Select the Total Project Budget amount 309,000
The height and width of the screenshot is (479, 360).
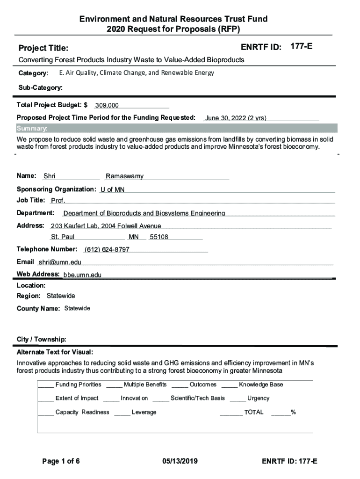coord(107,105)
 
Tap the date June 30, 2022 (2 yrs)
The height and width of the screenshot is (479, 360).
coord(236,118)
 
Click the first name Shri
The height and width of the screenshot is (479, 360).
coord(50,176)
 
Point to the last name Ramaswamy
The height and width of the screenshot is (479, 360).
coord(124,176)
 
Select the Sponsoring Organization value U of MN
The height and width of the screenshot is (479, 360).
coord(113,189)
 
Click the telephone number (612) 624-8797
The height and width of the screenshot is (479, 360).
coord(107,249)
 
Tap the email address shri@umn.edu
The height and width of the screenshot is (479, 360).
coord(60,262)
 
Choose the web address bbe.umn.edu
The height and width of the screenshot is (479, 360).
coord(82,275)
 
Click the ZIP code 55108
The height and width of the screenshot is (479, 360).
coord(159,237)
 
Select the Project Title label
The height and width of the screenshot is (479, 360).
coord(43,48)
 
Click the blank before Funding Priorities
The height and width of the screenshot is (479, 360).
coord(46,385)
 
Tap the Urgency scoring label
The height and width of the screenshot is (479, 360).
coord(258,398)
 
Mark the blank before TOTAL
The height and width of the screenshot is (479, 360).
coord(231,413)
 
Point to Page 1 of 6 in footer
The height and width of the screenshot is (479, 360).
coord(61,461)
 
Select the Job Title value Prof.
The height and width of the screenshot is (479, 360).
coord(58,201)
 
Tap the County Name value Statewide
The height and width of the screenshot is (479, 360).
coord(77,308)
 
